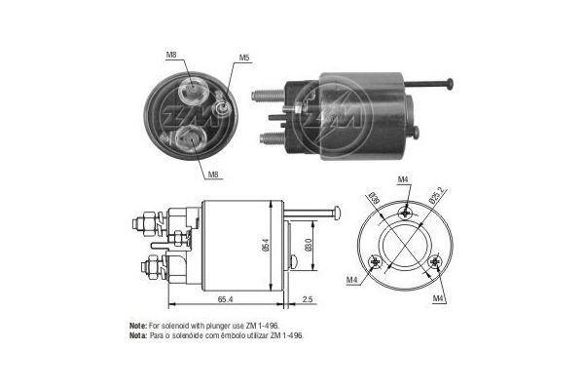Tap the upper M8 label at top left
tap(171, 56)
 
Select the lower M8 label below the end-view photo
tap(213, 175)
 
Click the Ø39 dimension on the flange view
tap(375, 200)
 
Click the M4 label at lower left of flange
tap(350, 283)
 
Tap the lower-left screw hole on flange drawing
tap(376, 260)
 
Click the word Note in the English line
tap(138, 324)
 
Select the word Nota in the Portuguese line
tap(138, 333)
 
